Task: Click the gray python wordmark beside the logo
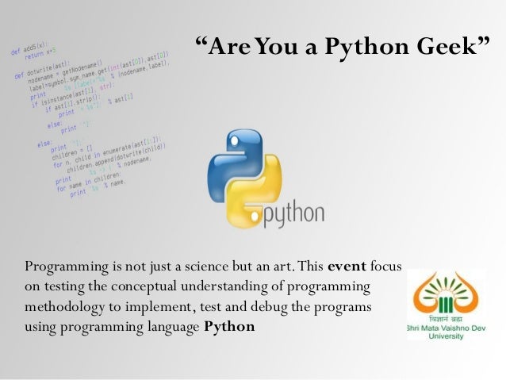pos(293,213)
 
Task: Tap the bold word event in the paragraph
pos(346,265)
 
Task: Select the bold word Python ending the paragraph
pos(229,326)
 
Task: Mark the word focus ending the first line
pos(386,265)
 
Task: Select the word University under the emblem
pos(447,336)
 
